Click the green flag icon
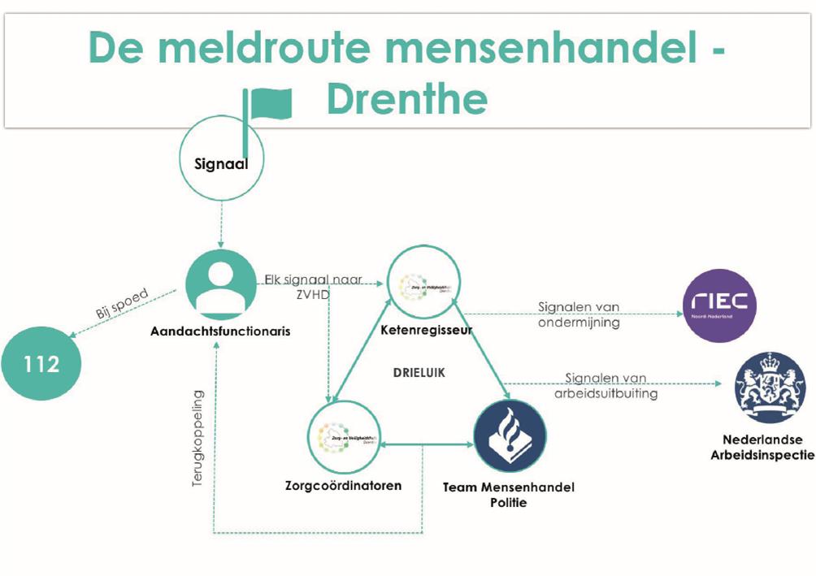click(269, 104)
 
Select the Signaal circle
click(221, 162)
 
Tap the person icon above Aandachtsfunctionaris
click(220, 285)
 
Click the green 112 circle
click(41, 363)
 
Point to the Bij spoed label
click(122, 306)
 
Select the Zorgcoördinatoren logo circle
click(345, 439)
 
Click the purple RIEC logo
click(719, 306)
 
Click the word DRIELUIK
click(419, 374)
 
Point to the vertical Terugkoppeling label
click(197, 439)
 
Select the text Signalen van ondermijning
click(579, 315)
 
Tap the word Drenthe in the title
click(406, 99)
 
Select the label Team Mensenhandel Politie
click(508, 495)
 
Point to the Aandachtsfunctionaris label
click(219, 331)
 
